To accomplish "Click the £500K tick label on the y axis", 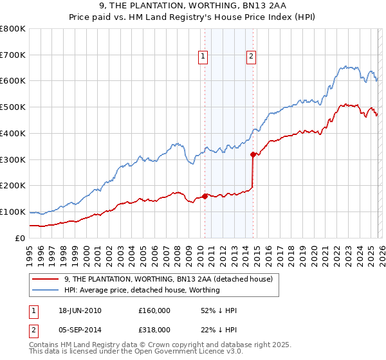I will pyautogui.click(x=13, y=107).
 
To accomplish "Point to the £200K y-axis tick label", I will pyautogui.click(x=13, y=186).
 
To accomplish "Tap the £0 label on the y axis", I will pyautogui.click(x=21, y=238).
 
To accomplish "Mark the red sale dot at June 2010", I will pyautogui.click(x=205, y=196).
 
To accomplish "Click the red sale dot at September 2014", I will pyautogui.click(x=253, y=154).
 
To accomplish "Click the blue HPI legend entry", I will pyautogui.click(x=142, y=290).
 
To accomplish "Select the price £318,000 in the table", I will pyautogui.click(x=154, y=329).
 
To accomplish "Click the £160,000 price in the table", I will pyautogui.click(x=154, y=310).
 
